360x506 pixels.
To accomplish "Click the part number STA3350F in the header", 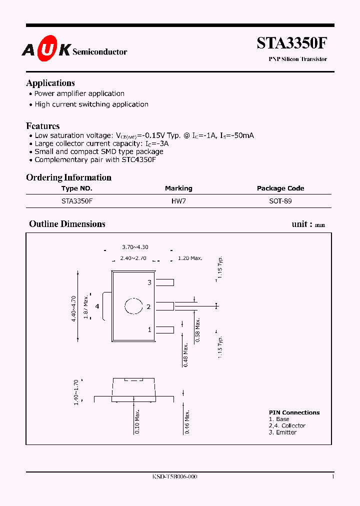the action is coord(292,43).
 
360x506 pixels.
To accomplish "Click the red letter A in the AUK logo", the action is coord(28,49).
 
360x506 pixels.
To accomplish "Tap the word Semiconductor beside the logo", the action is coord(100,51).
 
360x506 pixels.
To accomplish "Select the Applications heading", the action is coord(50,83).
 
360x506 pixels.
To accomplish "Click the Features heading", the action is coord(43,126).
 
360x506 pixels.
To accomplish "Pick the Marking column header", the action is coord(178,188).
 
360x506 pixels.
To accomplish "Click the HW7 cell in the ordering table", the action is coord(178,201).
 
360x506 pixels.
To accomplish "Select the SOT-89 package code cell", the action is coord(280,201).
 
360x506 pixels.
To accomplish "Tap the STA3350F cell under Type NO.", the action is coord(77,201).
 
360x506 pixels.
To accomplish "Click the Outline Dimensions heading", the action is coord(67,224).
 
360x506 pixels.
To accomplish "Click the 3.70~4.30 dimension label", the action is coord(135,247).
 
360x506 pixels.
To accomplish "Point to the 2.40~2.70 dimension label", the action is coord(133,258).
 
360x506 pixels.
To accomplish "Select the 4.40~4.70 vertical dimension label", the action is coord(74,308).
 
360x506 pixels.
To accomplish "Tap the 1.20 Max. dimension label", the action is coord(190,258).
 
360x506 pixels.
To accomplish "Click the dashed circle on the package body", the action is coord(133,306).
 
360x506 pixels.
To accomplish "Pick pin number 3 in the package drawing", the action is coord(149,283).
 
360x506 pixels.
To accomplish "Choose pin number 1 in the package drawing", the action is coord(149,330).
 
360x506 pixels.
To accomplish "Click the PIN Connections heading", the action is coord(294,412).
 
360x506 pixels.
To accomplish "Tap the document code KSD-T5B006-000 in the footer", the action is coord(174,477).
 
